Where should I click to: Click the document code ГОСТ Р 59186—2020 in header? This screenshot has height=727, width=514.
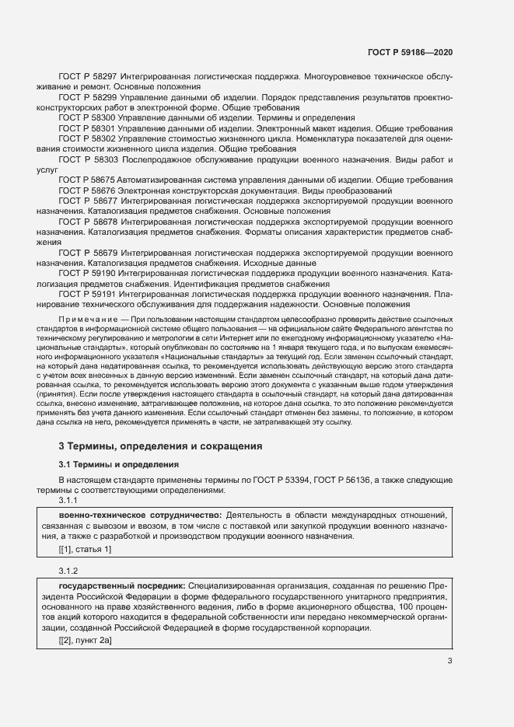[x=410, y=52]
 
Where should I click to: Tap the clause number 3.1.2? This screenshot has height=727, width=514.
[x=70, y=570]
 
